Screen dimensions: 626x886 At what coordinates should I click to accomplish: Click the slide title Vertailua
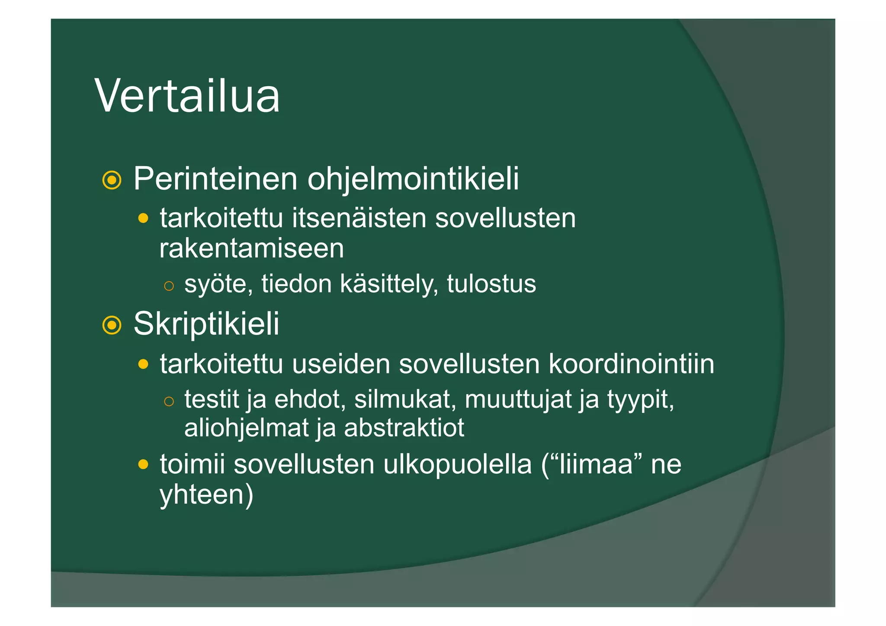[x=187, y=96]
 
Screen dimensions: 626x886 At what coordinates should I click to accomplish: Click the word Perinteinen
[x=215, y=179]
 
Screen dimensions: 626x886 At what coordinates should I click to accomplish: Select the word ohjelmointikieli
[x=413, y=179]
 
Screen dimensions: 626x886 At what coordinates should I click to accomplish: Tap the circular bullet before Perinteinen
[x=112, y=180]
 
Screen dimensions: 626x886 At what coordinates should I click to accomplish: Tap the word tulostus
[x=491, y=284]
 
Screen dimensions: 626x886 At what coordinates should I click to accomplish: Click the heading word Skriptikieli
[x=206, y=324]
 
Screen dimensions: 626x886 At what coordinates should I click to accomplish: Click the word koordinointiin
[x=631, y=364]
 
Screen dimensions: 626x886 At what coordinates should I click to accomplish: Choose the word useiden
[x=340, y=364]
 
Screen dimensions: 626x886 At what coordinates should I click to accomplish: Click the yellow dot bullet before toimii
[x=143, y=465]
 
